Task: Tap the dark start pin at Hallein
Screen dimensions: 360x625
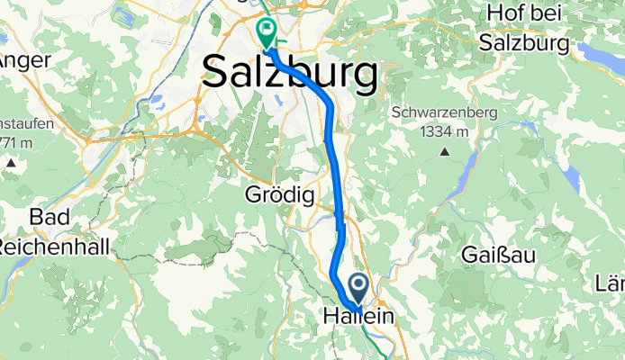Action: [x=358, y=289]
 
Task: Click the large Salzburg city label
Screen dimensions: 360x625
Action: [x=290, y=72]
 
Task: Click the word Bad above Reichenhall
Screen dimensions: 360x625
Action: [x=50, y=218]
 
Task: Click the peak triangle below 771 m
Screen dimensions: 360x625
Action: [x=11, y=164]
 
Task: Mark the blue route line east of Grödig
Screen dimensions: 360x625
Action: [x=337, y=194]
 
